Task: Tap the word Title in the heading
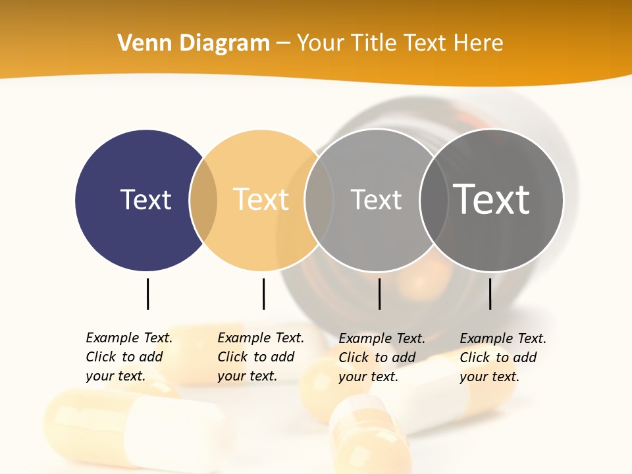pos(375,43)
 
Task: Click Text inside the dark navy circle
pos(145,199)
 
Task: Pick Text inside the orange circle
pos(261,199)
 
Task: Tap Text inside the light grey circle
pos(376,199)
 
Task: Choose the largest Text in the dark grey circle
pos(492,199)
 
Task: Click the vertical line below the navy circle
pos(147,294)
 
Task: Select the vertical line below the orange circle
pos(263,294)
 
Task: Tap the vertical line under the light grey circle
pos(379,294)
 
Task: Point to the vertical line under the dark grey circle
pos(490,294)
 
